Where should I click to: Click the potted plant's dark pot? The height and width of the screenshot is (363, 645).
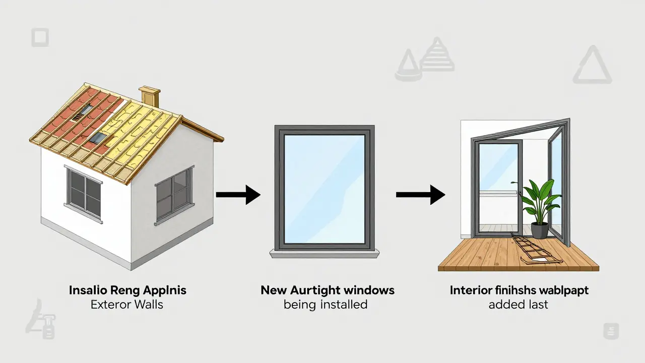coord(540,230)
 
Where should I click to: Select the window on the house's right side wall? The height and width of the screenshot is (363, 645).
coord(173,193)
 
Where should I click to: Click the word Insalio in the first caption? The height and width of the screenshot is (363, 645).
coord(87,290)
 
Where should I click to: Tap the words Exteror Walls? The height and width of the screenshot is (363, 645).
coord(127,305)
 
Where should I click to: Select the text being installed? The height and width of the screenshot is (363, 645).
coord(325,305)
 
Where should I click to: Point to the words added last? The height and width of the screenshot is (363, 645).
coord(518,305)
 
